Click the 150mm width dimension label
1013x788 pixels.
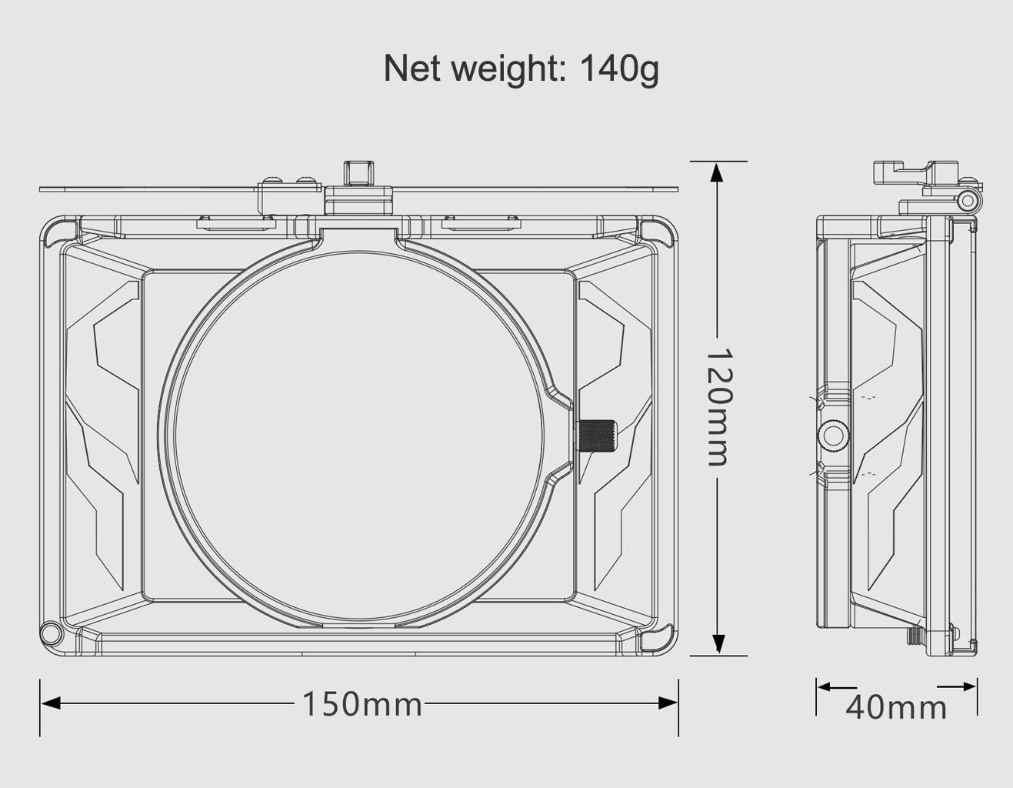click(x=361, y=703)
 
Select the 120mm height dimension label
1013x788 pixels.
click(x=717, y=407)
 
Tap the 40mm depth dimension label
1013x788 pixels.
click(x=896, y=706)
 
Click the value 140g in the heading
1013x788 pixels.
click(x=618, y=68)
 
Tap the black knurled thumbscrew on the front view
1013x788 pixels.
click(x=598, y=436)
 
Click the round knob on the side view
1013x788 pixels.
click(x=832, y=436)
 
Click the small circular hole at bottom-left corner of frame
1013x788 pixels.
click(x=51, y=633)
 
